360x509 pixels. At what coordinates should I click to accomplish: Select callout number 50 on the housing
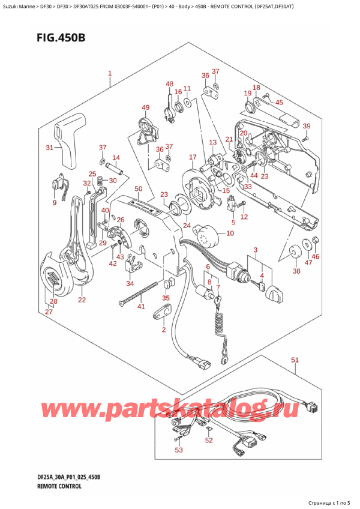pyautogui.click(x=139, y=190)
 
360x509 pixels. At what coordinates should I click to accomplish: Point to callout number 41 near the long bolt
pyautogui.click(x=141, y=307)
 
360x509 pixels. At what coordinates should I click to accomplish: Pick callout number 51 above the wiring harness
pyautogui.click(x=295, y=360)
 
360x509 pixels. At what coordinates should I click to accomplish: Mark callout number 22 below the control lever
pyautogui.click(x=81, y=300)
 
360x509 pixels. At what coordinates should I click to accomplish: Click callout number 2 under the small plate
pyautogui.click(x=162, y=330)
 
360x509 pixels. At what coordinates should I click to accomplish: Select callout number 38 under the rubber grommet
pyautogui.click(x=296, y=271)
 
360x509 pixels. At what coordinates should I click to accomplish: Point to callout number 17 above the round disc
pyautogui.click(x=192, y=158)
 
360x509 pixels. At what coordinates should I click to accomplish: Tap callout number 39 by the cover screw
pyautogui.click(x=307, y=126)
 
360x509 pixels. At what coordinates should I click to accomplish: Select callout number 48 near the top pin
pyautogui.click(x=170, y=84)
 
